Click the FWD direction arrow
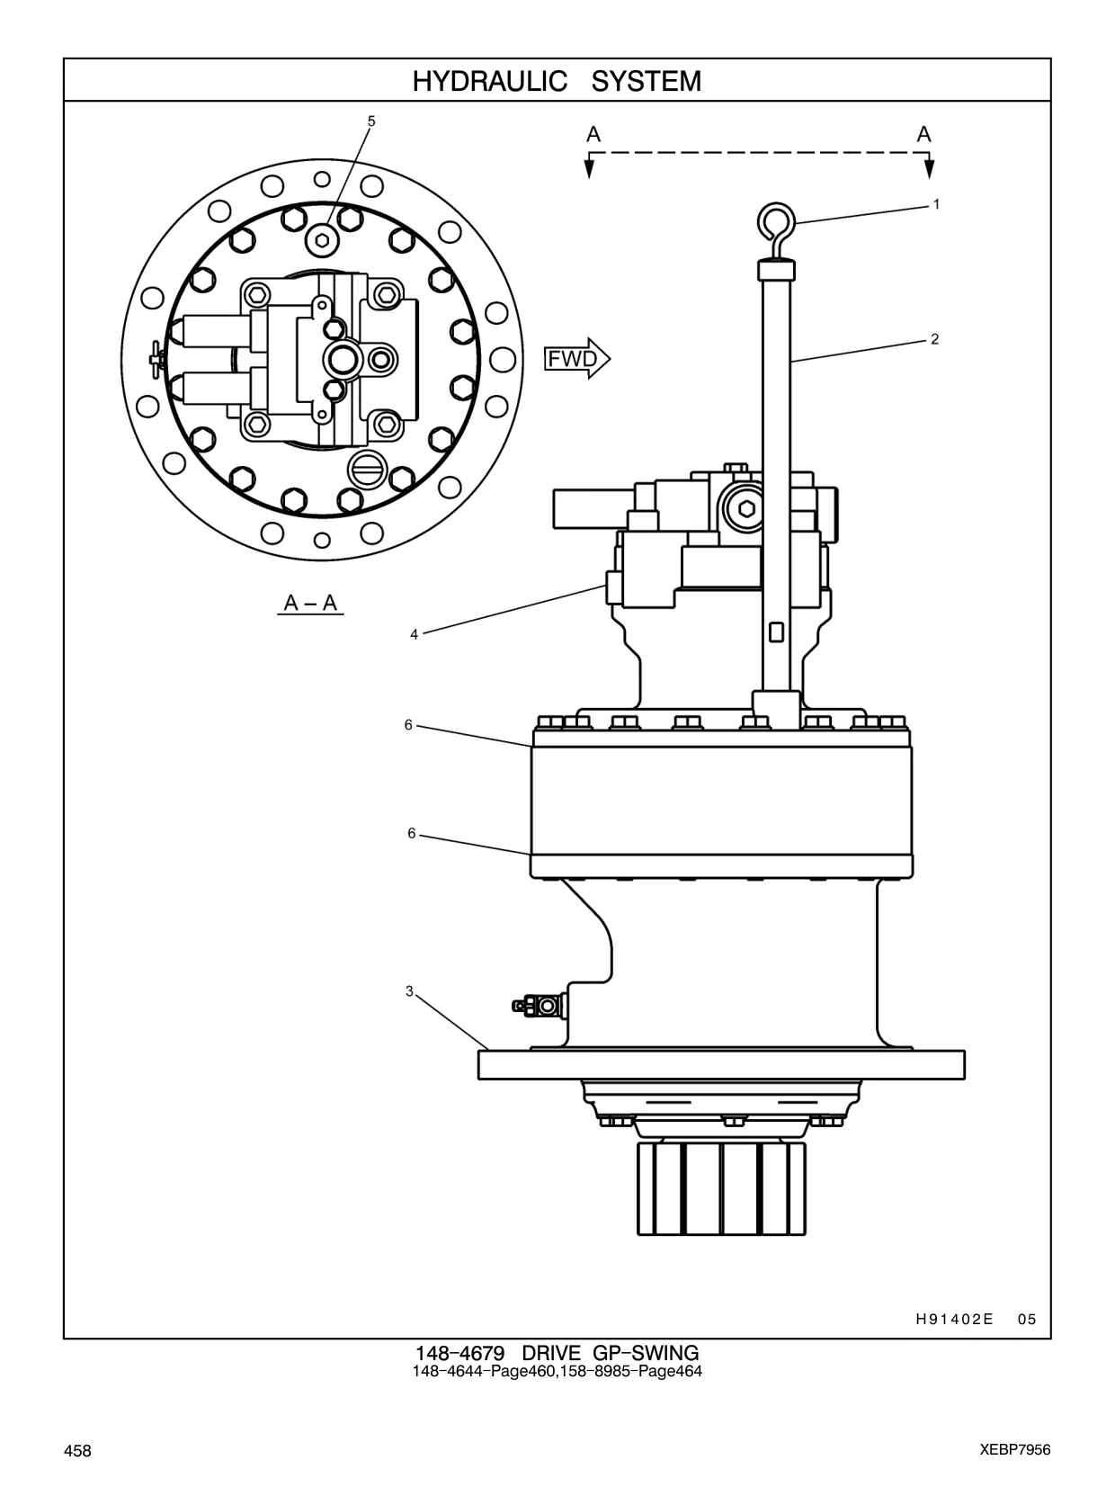(x=577, y=358)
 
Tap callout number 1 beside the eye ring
(x=936, y=204)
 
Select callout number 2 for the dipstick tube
(x=935, y=339)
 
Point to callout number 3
(x=409, y=992)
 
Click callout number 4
(x=415, y=635)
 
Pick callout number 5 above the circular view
(x=371, y=121)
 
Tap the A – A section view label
(x=311, y=602)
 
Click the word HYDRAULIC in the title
(x=489, y=81)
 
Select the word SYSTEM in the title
(x=647, y=81)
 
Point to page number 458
(x=77, y=1450)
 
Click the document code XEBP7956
(x=1015, y=1450)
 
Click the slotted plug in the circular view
(x=366, y=468)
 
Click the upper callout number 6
(x=408, y=725)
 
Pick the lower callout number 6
(x=411, y=833)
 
